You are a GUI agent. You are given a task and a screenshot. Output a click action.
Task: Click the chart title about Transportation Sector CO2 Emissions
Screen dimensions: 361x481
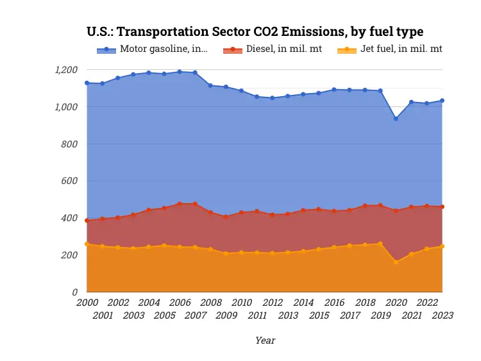click(x=255, y=31)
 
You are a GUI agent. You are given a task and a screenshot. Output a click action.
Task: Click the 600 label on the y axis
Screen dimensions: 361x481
click(x=69, y=181)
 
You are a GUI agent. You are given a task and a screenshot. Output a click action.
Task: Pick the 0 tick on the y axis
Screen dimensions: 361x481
click(x=74, y=292)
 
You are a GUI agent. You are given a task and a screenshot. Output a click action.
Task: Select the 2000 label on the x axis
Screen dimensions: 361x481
click(x=87, y=303)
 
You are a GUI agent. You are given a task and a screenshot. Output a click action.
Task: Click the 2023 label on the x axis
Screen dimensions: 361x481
click(x=442, y=315)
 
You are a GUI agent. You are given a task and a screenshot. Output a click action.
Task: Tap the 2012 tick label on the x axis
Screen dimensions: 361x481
click(x=272, y=303)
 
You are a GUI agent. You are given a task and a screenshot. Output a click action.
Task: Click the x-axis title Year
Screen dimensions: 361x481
click(x=265, y=340)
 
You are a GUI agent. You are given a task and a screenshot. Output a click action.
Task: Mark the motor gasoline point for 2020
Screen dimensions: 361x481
click(x=396, y=119)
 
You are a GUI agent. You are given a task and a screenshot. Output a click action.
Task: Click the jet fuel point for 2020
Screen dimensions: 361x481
click(x=396, y=262)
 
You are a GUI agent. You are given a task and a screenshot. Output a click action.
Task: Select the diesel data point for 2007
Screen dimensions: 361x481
click(x=195, y=204)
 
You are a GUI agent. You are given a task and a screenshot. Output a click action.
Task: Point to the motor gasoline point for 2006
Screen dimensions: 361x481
click(x=180, y=72)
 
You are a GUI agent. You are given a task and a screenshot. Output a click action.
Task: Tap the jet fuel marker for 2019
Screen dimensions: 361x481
click(x=380, y=244)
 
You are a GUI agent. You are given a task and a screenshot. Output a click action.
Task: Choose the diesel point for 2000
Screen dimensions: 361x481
click(x=87, y=221)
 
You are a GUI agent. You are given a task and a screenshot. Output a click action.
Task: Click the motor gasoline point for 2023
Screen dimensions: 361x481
click(x=443, y=101)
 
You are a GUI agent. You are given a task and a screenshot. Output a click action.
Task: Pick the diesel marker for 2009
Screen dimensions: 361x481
click(x=226, y=217)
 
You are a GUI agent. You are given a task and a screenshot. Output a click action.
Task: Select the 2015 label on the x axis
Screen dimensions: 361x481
click(x=318, y=315)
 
